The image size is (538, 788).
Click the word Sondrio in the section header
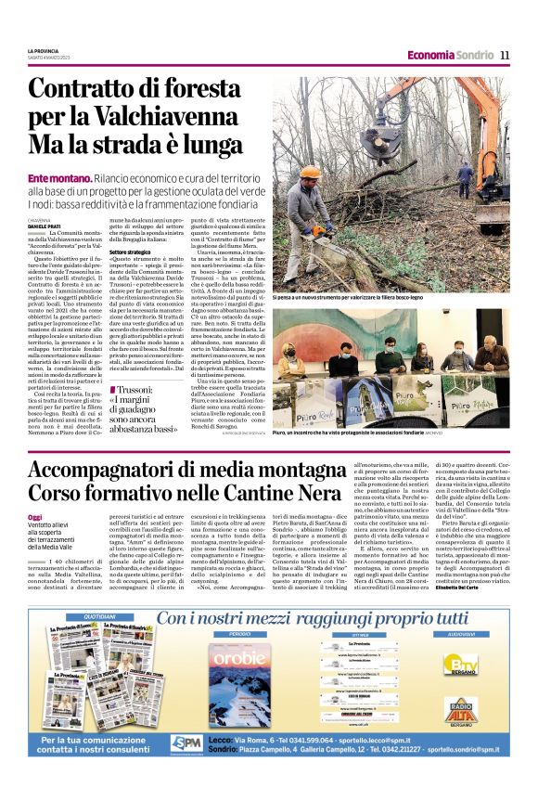click(474, 55)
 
